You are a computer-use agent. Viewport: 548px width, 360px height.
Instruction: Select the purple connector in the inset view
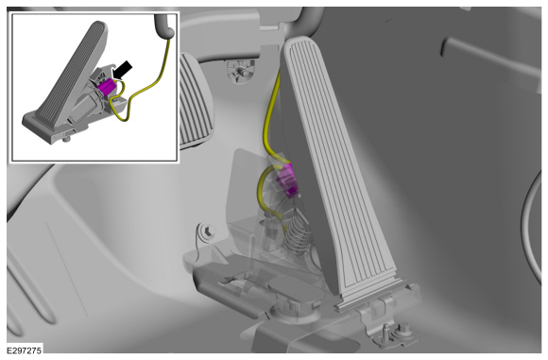[107, 86]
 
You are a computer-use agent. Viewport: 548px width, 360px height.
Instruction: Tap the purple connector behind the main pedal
[286, 180]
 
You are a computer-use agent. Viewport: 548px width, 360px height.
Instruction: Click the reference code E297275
[25, 350]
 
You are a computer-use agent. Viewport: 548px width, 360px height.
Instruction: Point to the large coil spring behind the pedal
[297, 234]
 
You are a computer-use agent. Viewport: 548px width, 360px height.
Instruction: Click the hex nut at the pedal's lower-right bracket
[402, 330]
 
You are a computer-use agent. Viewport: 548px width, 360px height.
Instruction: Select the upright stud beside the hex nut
[386, 332]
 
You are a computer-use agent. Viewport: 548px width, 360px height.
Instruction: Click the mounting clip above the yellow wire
[240, 71]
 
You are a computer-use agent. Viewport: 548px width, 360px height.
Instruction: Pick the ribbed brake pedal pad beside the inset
[194, 101]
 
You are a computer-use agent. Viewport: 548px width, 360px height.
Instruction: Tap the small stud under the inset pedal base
[66, 139]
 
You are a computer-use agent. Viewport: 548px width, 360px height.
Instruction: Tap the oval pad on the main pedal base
[300, 291]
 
